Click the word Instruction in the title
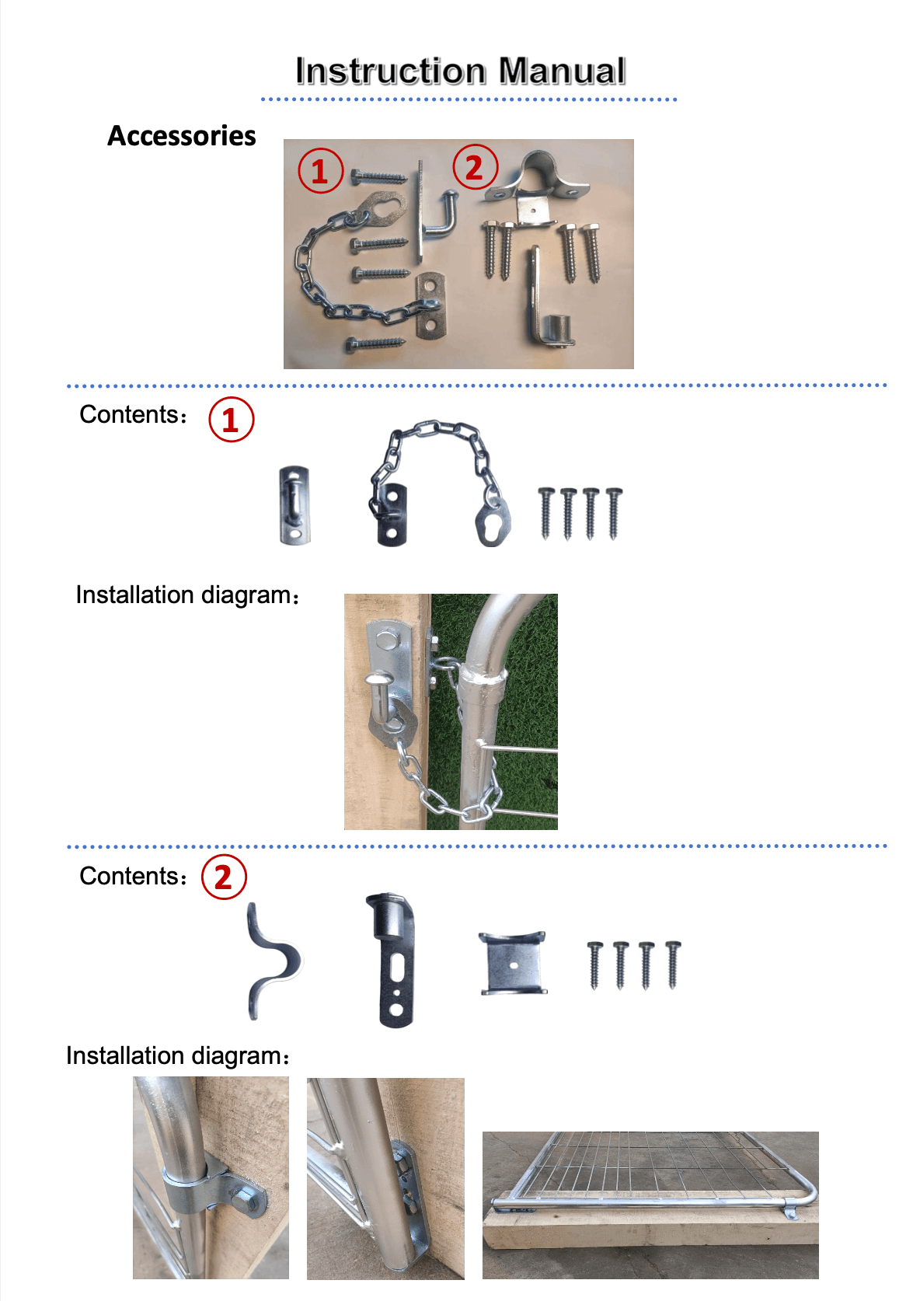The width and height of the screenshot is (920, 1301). pyautogui.click(x=390, y=71)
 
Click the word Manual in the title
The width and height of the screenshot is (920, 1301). pyautogui.click(x=563, y=71)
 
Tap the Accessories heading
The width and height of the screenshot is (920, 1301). pyautogui.click(x=181, y=136)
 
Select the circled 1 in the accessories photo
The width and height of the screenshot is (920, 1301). pyautogui.click(x=321, y=171)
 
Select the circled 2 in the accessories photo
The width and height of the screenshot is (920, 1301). pyautogui.click(x=475, y=167)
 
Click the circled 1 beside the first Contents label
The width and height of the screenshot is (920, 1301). pyautogui.click(x=231, y=420)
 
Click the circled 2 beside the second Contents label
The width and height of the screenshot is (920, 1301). pyautogui.click(x=224, y=877)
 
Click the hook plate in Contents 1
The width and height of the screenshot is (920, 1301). pyautogui.click(x=294, y=504)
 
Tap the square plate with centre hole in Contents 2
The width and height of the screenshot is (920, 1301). pyautogui.click(x=512, y=964)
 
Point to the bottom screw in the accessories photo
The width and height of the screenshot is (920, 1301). pyautogui.click(x=375, y=344)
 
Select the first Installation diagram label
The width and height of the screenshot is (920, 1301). pyautogui.click(x=187, y=595)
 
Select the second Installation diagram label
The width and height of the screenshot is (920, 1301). pyautogui.click(x=178, y=1056)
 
